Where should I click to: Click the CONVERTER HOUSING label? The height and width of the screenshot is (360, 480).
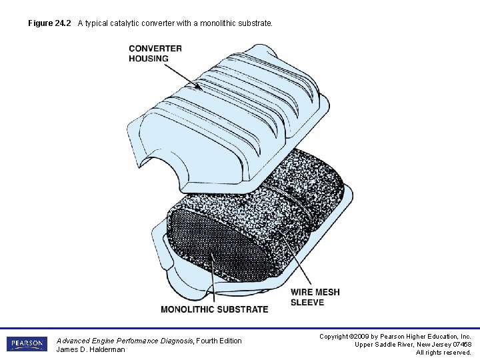click(155, 53)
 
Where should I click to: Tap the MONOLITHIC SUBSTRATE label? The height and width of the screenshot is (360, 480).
click(214, 309)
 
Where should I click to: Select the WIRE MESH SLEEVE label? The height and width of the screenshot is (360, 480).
click(315, 297)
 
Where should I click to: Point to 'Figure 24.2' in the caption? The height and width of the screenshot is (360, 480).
click(50, 23)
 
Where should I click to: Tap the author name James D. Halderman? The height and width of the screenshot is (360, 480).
click(91, 349)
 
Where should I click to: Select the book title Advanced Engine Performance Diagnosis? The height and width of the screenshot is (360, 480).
click(125, 341)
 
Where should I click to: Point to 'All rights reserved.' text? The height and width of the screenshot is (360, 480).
click(443, 352)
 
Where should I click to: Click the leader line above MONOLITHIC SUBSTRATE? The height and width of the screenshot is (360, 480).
click(213, 280)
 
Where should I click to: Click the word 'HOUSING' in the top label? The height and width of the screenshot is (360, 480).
click(149, 58)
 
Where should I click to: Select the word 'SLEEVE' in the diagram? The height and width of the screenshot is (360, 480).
click(307, 302)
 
